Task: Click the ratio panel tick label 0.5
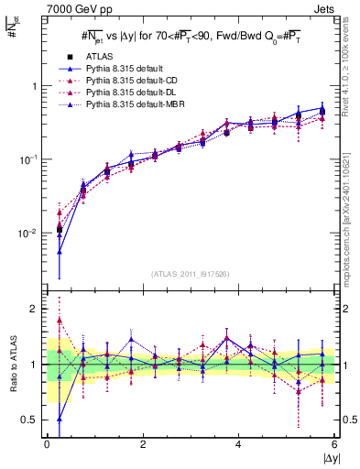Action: (x=30, y=420)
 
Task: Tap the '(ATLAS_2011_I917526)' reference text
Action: (x=190, y=274)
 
